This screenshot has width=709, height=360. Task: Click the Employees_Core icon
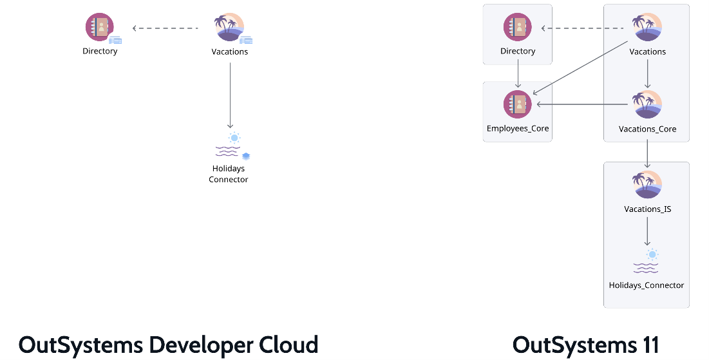pos(518,104)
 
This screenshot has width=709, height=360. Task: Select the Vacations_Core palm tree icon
pos(647,104)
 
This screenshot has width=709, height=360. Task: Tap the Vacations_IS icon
pos(647,185)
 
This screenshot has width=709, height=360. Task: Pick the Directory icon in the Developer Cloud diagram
pos(100,27)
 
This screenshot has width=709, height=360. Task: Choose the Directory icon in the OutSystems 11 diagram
pos(518,27)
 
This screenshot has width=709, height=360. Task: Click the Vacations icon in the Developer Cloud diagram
pos(229,27)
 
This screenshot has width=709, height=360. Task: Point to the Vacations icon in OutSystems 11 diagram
pos(647,27)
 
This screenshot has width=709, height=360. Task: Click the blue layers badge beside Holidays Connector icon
pos(246,156)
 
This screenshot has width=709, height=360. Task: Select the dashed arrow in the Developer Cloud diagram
pos(165,28)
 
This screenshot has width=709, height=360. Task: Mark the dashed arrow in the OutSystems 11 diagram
pos(583,28)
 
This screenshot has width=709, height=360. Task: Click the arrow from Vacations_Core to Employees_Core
pos(582,104)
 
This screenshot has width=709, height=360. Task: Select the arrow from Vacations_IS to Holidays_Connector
pos(647,231)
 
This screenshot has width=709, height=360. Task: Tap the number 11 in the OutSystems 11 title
pos(647,345)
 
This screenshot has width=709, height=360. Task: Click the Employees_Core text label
pos(518,128)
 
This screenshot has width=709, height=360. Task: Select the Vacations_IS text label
pos(647,209)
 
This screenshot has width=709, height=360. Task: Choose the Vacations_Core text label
pos(647,129)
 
